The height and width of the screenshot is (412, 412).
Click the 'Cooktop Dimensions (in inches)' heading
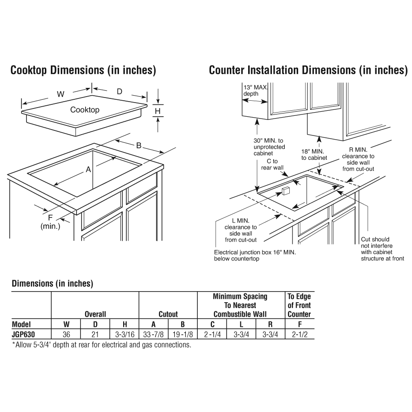coord(83,70)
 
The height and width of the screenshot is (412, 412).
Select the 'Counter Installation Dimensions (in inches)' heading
coord(308,70)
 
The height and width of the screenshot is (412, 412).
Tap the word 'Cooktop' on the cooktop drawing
coord(85,109)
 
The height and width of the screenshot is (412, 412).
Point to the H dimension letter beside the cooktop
coord(157,111)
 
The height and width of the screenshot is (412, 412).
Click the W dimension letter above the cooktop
coord(60,94)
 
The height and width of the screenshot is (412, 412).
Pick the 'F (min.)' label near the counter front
coord(50,222)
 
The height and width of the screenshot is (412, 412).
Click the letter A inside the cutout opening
coord(88,169)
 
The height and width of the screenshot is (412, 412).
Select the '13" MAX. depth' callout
coord(255,90)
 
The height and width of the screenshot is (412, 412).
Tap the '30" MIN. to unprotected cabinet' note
coord(269,147)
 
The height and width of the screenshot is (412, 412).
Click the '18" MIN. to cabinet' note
coord(314,155)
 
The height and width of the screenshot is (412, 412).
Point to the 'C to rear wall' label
coord(272,164)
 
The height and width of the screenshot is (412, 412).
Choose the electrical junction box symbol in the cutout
coord(286,190)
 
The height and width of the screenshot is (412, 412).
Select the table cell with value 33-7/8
coord(153,335)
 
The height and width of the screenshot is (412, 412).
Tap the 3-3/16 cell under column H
coord(125,335)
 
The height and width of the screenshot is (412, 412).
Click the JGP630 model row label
coord(23,335)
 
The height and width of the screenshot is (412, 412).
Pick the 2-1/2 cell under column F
coord(299,335)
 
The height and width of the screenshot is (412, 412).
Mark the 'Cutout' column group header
coord(168,314)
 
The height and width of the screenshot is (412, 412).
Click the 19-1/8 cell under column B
coord(183,335)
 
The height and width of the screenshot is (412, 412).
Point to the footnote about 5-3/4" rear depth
coord(102,345)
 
